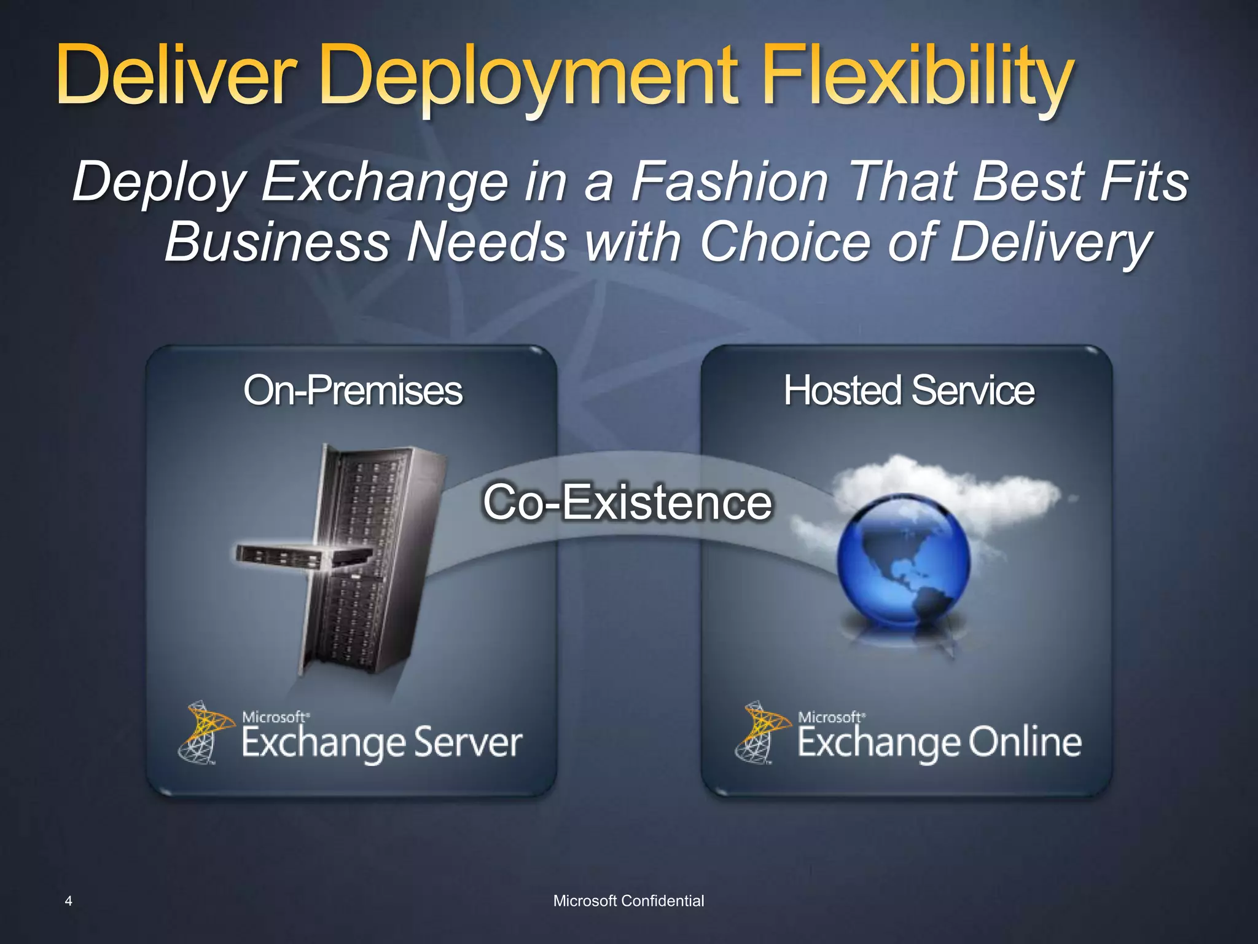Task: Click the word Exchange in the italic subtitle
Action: (385, 182)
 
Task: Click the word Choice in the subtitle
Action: (786, 242)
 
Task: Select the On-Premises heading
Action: (353, 390)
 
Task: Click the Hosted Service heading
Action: (908, 390)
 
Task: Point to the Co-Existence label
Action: (627, 503)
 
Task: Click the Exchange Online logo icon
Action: (761, 731)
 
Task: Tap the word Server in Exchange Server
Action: (467, 742)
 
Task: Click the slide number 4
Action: (68, 901)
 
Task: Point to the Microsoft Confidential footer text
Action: (628, 901)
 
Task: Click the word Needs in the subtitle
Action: (487, 242)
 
